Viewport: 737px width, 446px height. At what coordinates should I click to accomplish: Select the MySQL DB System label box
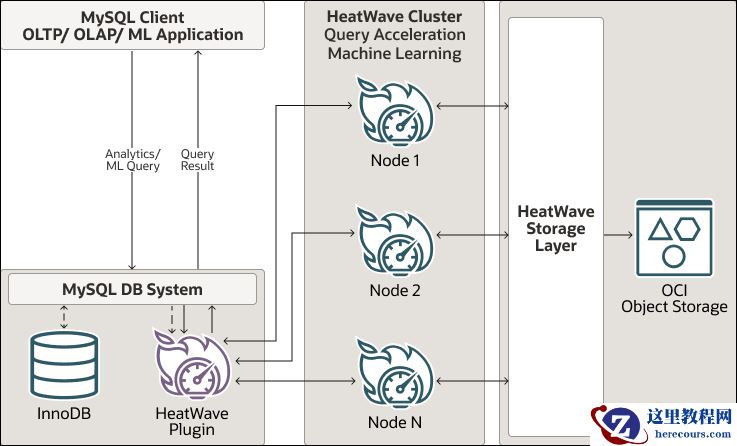click(x=132, y=290)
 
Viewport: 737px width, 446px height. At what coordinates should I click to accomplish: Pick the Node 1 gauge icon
click(x=394, y=115)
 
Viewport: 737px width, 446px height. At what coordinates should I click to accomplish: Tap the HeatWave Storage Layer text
click(x=556, y=229)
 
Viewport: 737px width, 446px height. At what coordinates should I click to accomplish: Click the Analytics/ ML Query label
click(x=132, y=159)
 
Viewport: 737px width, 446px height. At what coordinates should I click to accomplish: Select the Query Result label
click(x=197, y=159)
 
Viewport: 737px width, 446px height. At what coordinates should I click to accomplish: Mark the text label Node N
click(x=394, y=423)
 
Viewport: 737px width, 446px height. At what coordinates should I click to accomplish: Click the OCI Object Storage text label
click(x=674, y=296)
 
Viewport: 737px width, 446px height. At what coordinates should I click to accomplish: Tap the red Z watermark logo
click(x=613, y=423)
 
